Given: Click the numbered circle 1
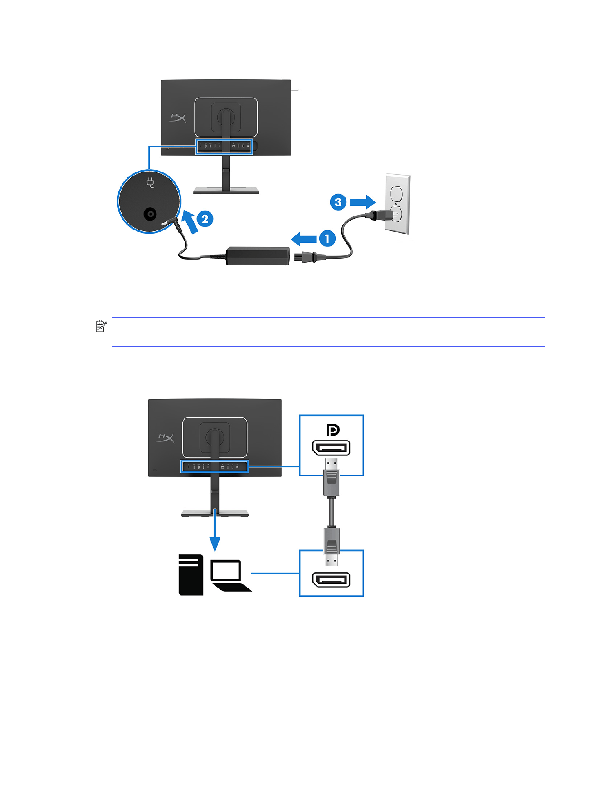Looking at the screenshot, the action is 327,239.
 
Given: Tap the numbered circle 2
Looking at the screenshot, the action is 205,219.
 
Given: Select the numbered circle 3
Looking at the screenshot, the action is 338,202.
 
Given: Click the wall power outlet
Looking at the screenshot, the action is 397,205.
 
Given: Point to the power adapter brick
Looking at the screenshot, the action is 257,255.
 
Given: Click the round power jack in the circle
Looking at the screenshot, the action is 150,214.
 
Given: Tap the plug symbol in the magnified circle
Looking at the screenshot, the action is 151,183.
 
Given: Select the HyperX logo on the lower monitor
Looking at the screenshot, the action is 165,438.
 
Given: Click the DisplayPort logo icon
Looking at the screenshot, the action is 333,430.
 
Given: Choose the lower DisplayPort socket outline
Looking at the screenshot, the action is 332,580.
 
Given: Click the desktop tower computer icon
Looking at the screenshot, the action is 191,575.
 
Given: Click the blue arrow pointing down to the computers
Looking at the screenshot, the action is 215,530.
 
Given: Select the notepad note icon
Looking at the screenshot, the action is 101,326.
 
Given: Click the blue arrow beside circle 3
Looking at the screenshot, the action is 363,201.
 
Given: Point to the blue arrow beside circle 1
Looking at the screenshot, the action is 304,239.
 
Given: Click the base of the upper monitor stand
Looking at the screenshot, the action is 226,191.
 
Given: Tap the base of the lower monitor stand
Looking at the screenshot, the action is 215,513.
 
